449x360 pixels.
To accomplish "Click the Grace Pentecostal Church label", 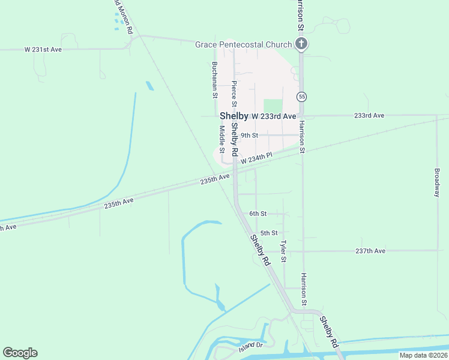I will (244, 44).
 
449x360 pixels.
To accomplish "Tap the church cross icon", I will (302, 44).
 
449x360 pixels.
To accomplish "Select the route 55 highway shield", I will (302, 97).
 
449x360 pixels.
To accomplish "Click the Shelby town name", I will (234, 116).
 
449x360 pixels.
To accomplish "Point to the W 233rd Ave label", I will (274, 116).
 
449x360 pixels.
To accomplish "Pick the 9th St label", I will (249, 136).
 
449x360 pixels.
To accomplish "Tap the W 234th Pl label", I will (256, 158).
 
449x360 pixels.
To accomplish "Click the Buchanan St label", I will (214, 79).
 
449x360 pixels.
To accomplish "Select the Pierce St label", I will (234, 91).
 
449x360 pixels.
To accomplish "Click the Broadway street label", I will (436, 182).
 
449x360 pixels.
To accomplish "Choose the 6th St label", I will (258, 214).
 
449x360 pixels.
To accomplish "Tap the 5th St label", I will (269, 233).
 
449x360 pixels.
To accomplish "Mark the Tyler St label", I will (283, 251).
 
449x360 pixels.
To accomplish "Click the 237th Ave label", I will (370, 251).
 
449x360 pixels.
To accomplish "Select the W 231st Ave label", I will (43, 49).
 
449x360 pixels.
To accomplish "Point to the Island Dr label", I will (251, 346).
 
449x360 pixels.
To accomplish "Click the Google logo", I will (20, 353).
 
